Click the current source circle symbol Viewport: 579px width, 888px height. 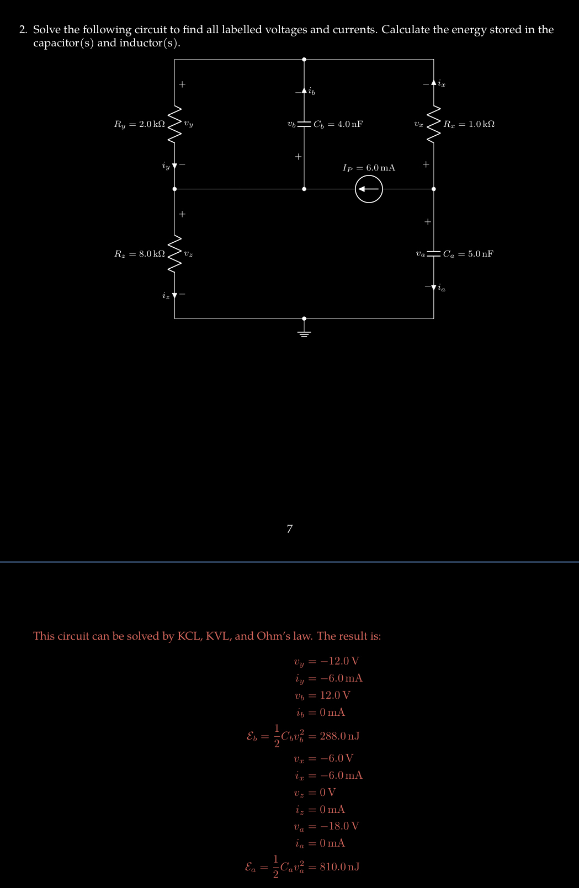click(x=369, y=189)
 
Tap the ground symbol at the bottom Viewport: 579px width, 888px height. click(x=304, y=332)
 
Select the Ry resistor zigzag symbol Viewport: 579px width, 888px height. click(x=175, y=124)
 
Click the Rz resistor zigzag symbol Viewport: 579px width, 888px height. click(x=175, y=254)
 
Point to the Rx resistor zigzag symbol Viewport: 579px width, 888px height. click(x=434, y=124)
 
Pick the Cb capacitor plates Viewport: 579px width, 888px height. click(x=304, y=124)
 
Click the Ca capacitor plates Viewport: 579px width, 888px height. click(x=434, y=254)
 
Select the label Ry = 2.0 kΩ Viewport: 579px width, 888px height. click(x=139, y=124)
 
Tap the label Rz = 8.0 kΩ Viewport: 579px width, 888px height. click(x=139, y=254)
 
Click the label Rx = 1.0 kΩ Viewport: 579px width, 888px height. click(x=469, y=124)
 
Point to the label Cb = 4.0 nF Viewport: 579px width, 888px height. click(x=338, y=124)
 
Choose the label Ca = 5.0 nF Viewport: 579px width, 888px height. click(x=468, y=254)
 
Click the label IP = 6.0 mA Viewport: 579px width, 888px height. click(x=369, y=168)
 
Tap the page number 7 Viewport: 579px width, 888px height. click(x=290, y=529)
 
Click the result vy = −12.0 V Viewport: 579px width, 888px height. click(x=327, y=661)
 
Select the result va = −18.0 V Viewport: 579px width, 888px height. click(x=327, y=826)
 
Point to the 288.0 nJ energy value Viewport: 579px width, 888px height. click(x=339, y=736)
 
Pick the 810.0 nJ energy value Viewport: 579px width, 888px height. click(x=339, y=866)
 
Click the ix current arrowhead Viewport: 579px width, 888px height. click(x=434, y=83)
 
